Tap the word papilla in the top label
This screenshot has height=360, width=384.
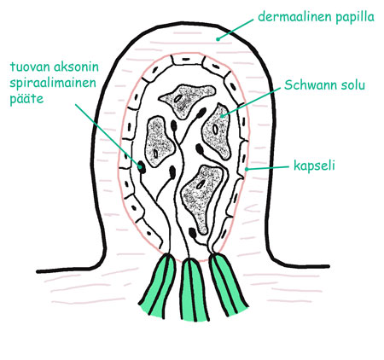click(x=355, y=18)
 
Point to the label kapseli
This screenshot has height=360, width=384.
click(x=314, y=166)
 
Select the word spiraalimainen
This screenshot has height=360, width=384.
click(x=53, y=84)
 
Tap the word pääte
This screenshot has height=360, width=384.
click(x=26, y=99)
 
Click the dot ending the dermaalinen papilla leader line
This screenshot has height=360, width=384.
click(x=218, y=39)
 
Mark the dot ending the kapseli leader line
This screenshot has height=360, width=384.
click(x=247, y=169)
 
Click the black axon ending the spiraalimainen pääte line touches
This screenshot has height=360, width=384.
click(x=142, y=166)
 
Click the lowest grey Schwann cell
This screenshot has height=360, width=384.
click(x=202, y=198)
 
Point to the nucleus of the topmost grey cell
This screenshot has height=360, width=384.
click(x=177, y=99)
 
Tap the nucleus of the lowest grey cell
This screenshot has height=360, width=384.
click(x=201, y=185)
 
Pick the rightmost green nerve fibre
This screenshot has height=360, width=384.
click(x=228, y=284)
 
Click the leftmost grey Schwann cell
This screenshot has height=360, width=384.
click(x=159, y=142)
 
